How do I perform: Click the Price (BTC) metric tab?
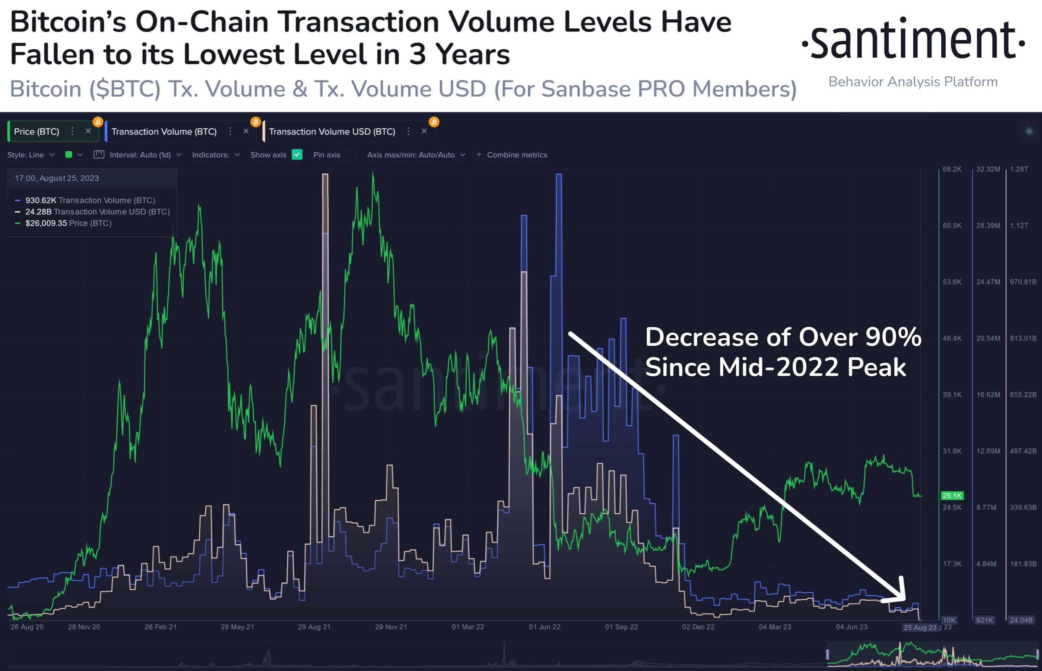tap(37, 132)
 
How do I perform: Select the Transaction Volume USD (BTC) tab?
tap(332, 132)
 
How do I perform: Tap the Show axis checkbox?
tap(297, 155)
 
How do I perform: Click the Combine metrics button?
tap(512, 155)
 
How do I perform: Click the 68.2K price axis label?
tap(952, 169)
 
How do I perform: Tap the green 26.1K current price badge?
tap(952, 495)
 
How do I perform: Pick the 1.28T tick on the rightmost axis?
tap(1019, 169)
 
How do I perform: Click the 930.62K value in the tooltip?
tap(40, 201)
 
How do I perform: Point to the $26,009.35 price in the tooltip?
tap(46, 223)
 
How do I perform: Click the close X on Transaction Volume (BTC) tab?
tap(246, 131)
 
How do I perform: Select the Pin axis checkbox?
tap(351, 155)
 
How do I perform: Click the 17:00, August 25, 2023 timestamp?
tap(57, 178)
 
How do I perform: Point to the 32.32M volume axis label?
tap(988, 169)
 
